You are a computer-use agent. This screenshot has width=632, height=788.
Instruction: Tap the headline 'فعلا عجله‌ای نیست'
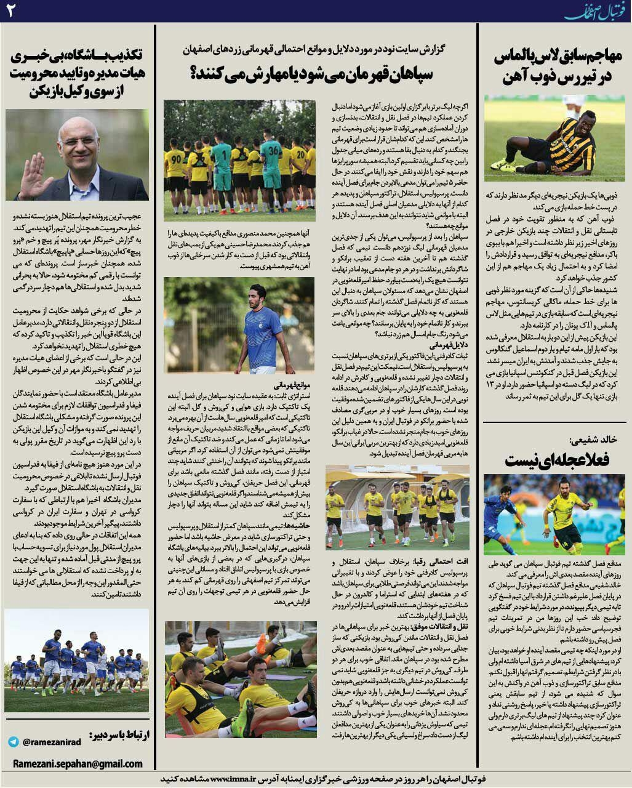coord(556,460)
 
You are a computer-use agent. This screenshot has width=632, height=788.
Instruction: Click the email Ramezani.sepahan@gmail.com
coord(78,763)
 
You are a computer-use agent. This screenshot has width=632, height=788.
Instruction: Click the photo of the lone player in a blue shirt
coord(239,325)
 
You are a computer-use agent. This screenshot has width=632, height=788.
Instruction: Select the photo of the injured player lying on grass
coord(554,138)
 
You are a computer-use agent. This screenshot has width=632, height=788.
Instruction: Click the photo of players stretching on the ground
coord(240,679)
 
